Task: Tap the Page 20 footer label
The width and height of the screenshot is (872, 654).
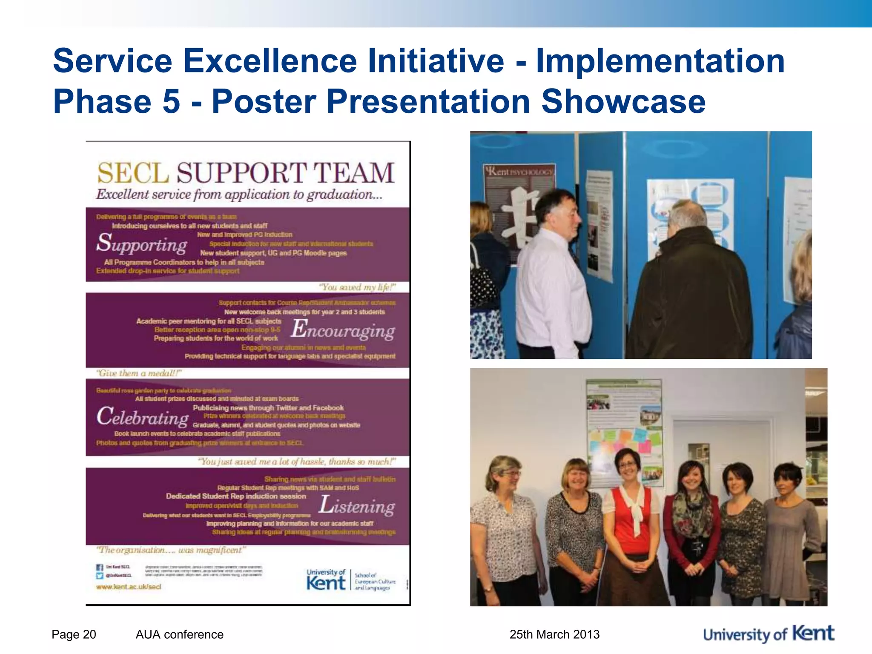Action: pyautogui.click(x=74, y=634)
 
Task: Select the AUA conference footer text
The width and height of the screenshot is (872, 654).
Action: pyautogui.click(x=179, y=634)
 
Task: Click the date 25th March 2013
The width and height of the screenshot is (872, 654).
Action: pyautogui.click(x=554, y=634)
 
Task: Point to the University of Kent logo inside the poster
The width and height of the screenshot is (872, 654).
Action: pyautogui.click(x=326, y=579)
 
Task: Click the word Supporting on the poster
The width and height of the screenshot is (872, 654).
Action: pyautogui.click(x=141, y=244)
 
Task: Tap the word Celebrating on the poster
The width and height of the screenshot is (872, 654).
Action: pyautogui.click(x=143, y=417)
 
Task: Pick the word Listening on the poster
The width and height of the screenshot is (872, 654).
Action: pyautogui.click(x=357, y=505)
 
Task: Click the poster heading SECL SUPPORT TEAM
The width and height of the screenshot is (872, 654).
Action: pyautogui.click(x=246, y=173)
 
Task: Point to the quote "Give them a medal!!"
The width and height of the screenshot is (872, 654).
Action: pyautogui.click(x=139, y=373)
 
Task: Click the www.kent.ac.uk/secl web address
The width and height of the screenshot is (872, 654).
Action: pyautogui.click(x=129, y=587)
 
